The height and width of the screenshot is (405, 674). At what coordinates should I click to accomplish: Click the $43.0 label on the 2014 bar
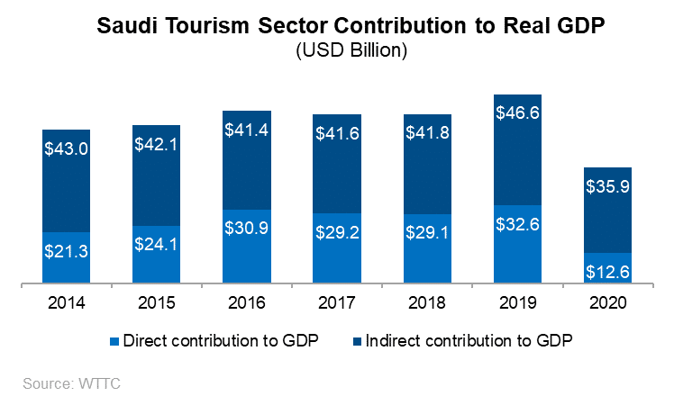(x=66, y=148)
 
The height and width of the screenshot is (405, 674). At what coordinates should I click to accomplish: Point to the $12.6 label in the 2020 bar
(x=608, y=271)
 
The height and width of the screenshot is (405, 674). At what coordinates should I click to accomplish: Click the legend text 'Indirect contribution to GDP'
(x=471, y=341)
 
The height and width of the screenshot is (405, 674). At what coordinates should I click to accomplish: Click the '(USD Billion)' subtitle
(x=352, y=51)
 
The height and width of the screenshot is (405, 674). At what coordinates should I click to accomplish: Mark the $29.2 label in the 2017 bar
(x=337, y=232)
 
